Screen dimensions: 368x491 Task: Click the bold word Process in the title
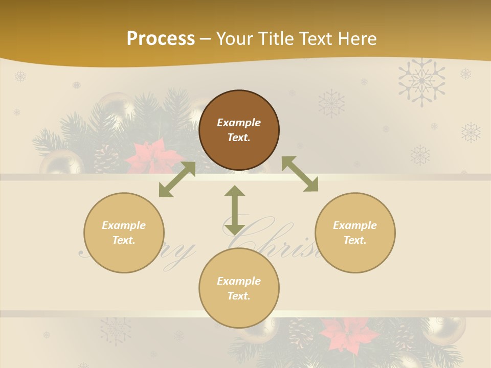tap(161, 39)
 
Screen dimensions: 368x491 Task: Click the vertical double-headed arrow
tap(235, 210)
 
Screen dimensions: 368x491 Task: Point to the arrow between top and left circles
tap(177, 179)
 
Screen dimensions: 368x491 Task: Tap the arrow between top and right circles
tap(300, 174)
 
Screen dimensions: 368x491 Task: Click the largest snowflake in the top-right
tap(421, 81)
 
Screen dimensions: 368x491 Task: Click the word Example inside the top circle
tap(239, 123)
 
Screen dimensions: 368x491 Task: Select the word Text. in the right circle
tap(355, 240)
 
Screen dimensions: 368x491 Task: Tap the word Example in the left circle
tap(124, 225)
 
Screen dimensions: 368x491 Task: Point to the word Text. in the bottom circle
tap(239, 296)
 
